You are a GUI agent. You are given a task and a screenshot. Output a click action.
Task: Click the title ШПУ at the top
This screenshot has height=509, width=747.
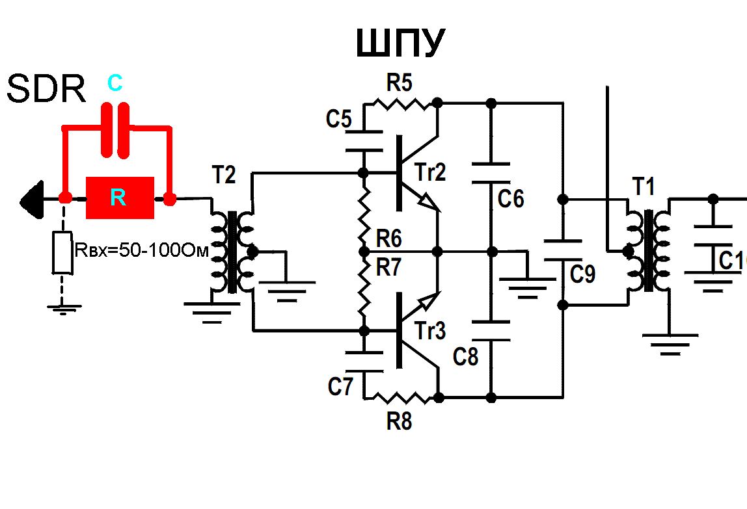coord(400,45)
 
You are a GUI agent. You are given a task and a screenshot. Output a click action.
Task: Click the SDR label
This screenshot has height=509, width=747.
coord(46,89)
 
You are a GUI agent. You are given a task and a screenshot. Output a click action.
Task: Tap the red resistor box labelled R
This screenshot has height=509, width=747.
coord(120,198)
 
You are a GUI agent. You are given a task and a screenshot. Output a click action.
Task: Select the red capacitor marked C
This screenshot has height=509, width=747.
coord(116,130)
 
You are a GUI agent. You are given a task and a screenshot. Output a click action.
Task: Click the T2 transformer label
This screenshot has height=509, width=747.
coord(223,174)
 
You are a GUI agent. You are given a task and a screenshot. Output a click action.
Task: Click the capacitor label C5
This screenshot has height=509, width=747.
coord(339,119)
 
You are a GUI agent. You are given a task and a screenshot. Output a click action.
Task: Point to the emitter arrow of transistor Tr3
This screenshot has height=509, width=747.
coord(426,302)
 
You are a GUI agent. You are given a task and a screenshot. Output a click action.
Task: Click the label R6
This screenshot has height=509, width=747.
coord(388,239)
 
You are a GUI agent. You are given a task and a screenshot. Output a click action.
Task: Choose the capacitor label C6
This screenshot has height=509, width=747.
coord(511,198)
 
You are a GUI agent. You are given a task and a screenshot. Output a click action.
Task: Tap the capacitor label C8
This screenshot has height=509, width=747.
coord(467,356)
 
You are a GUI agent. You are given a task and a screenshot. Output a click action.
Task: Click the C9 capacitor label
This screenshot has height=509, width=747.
coord(582,274)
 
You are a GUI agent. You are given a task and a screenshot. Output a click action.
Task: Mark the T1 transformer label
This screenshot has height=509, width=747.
coord(644,187)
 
